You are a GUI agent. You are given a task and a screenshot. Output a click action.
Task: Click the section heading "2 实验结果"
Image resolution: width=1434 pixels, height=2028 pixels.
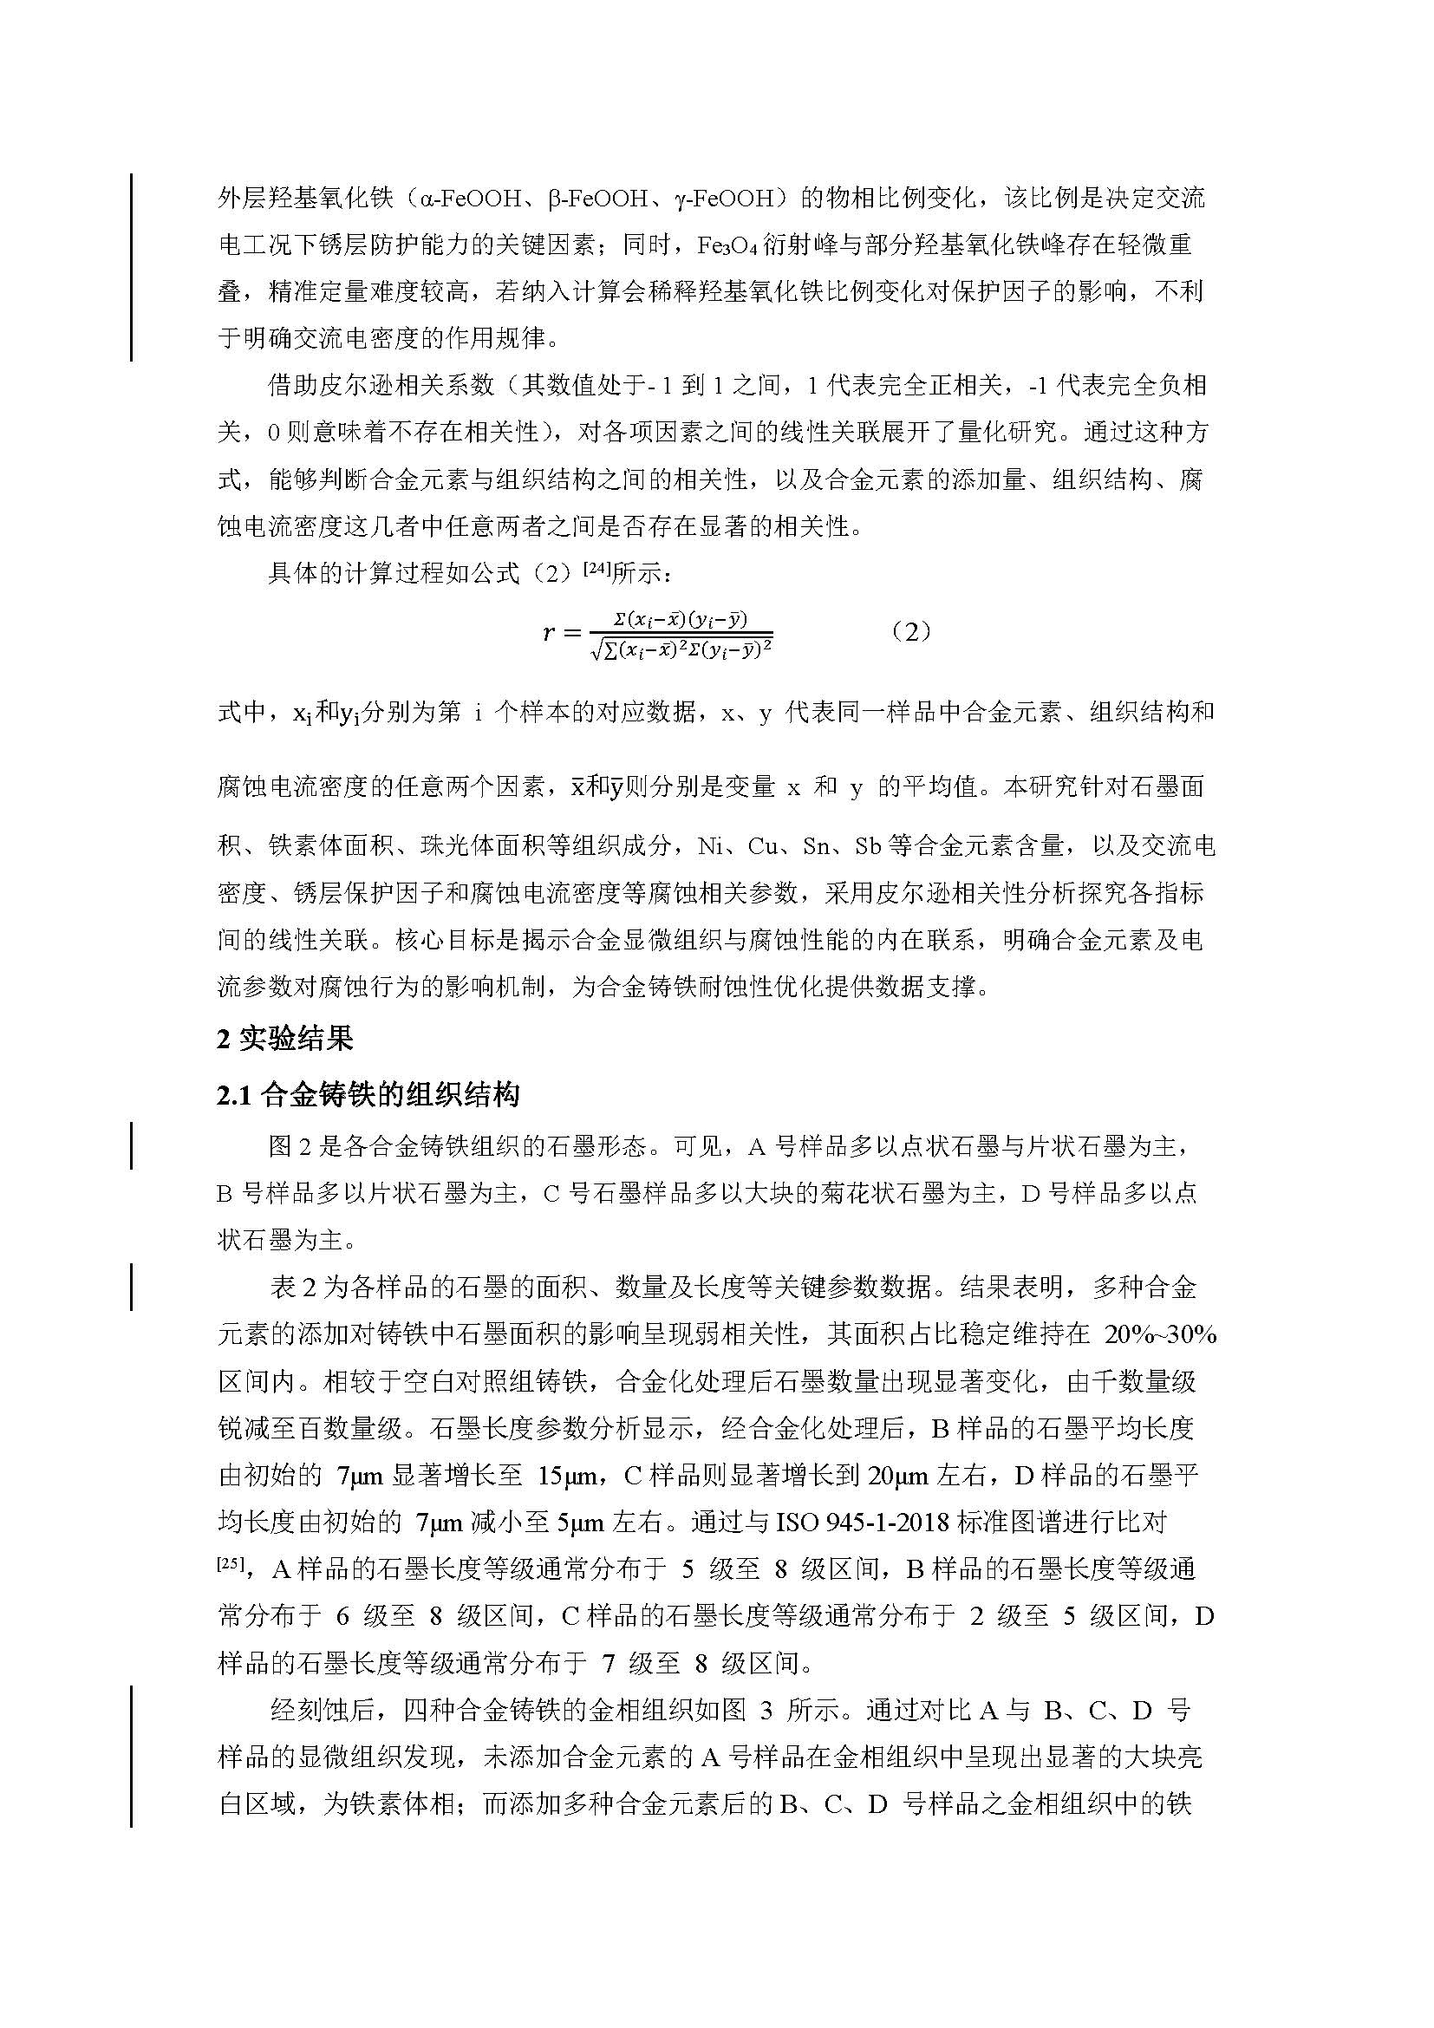(x=284, y=1039)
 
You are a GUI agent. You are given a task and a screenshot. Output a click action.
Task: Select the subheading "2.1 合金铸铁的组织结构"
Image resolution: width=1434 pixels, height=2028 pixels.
(x=368, y=1095)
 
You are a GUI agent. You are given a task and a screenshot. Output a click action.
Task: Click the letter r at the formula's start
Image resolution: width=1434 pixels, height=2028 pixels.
(x=549, y=632)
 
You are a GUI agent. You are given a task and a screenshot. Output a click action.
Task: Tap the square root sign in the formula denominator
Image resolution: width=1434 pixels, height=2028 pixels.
(x=596, y=649)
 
